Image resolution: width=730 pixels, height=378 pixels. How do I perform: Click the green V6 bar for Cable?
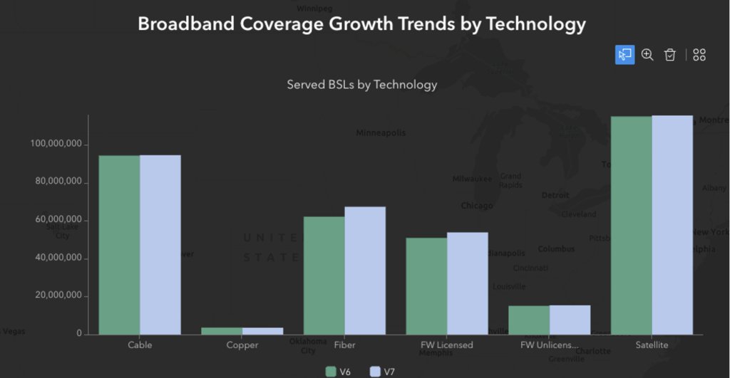point(119,244)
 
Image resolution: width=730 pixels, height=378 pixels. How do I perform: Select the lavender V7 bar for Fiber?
point(365,271)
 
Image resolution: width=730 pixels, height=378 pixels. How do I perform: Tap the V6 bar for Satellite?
point(632,225)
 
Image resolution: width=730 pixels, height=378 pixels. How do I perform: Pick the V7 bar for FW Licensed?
point(468,283)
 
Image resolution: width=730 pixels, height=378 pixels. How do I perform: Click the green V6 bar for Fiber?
point(324,275)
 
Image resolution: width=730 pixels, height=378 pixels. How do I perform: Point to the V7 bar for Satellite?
point(672,225)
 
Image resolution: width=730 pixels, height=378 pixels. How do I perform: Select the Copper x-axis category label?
point(242,345)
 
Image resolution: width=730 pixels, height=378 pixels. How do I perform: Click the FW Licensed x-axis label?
point(447,345)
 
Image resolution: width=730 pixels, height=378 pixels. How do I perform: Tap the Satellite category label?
point(652,345)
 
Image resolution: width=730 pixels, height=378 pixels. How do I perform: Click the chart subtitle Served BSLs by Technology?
point(361,85)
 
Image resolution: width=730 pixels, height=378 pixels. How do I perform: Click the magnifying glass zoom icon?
point(647,55)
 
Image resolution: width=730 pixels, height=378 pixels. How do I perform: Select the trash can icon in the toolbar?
point(669,55)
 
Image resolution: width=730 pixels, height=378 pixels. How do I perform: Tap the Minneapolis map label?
point(381,133)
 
